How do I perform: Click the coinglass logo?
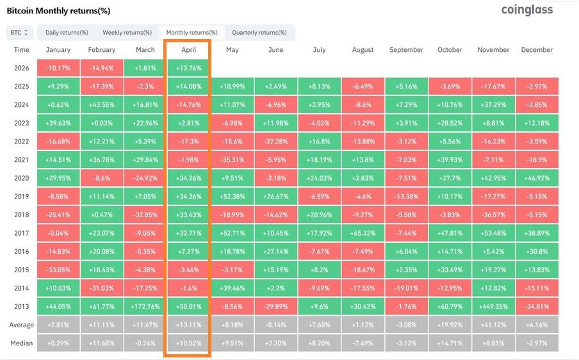[x=526, y=10]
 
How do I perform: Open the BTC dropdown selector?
[x=20, y=32]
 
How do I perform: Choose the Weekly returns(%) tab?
[x=127, y=32]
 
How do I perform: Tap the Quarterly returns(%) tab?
[x=259, y=32]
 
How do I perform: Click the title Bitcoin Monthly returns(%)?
[x=58, y=11]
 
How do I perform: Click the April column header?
[x=188, y=50]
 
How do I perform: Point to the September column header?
[x=406, y=50]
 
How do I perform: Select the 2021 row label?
[x=21, y=159]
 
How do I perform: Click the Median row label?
[x=21, y=343]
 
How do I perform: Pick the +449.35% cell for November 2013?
[x=493, y=306]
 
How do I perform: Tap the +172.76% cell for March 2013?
[x=145, y=306]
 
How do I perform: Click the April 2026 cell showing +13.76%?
[x=188, y=67]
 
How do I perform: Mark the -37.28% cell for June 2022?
[x=275, y=140]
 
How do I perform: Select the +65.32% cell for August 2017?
[x=363, y=233]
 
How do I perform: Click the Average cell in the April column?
[x=188, y=325]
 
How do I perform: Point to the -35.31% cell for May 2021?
[x=232, y=159]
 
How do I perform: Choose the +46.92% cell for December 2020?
[x=537, y=177]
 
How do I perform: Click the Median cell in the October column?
[x=450, y=343]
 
